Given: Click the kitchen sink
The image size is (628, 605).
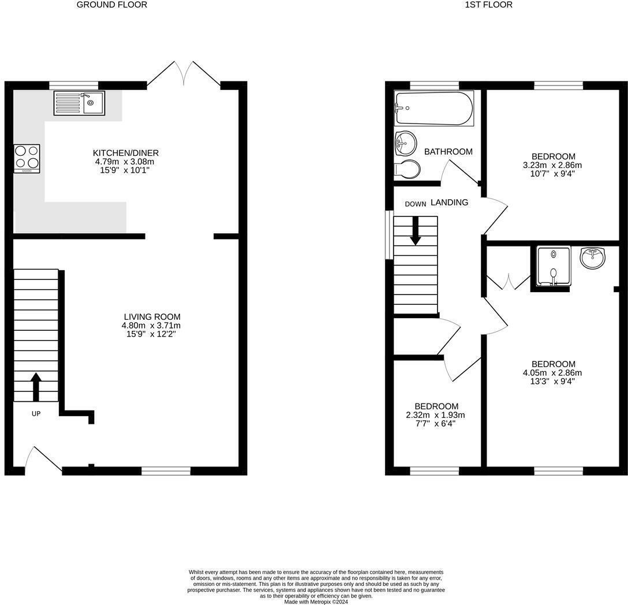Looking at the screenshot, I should coord(79,103).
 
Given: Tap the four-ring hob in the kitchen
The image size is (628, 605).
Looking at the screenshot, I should coord(27,158).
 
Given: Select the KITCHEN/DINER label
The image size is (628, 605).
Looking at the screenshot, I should coord(126,153).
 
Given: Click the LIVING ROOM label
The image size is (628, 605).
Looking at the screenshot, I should coord(152,317).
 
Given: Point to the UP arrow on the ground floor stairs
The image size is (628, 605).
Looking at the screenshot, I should coord(36,386).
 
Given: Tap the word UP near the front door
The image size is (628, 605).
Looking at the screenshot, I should coord(36,413).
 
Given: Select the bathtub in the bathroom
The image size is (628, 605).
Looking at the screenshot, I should coord(433,108).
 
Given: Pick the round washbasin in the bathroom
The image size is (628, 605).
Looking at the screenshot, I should coord(406,143).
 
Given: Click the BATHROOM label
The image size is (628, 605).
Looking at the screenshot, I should coord(448,152).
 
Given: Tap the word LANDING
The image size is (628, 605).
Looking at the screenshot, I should coord(449,203).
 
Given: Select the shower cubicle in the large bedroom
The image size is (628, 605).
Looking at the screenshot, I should coord(554,266).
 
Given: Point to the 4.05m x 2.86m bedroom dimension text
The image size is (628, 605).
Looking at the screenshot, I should coord(553,373).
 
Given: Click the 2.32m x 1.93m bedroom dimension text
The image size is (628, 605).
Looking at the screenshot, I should coord(436,415).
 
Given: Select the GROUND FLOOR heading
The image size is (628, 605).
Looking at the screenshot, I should coord(112,5).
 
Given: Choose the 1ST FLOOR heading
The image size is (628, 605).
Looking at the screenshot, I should coord(480,5).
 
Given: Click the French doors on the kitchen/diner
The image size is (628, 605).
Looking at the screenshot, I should coord(184,74).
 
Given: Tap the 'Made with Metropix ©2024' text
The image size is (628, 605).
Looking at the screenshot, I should coord(316,602).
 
